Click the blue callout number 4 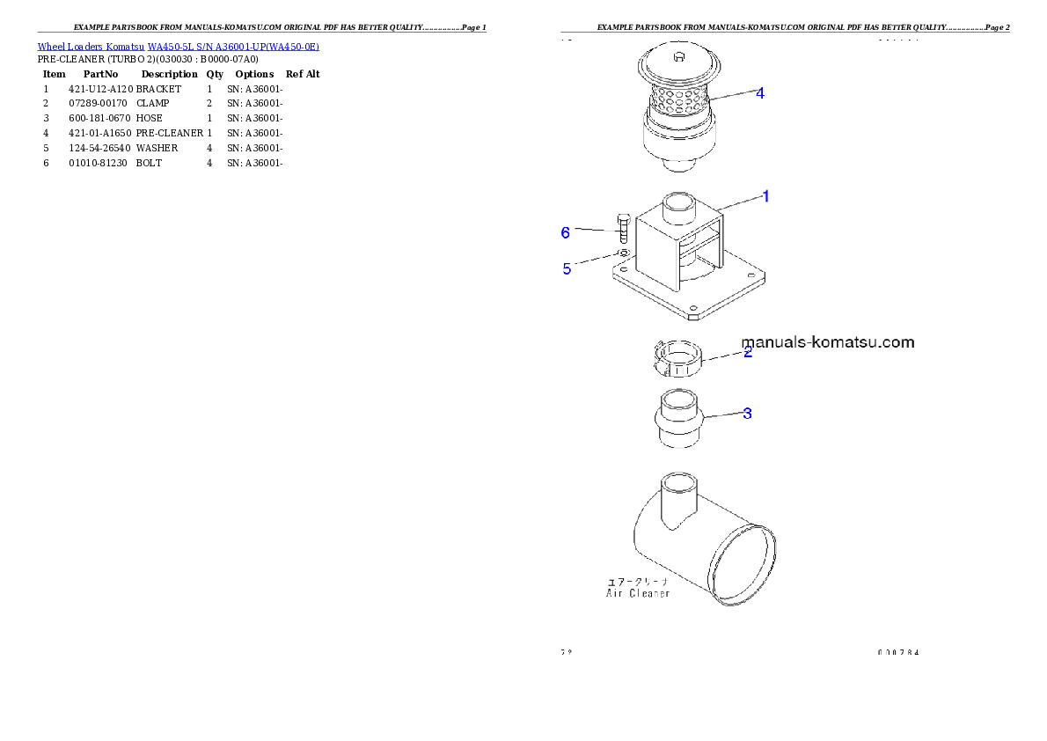pos(759,92)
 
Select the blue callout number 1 pos(765,196)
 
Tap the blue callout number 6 pos(566,232)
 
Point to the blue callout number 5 pos(567,269)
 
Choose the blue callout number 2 pos(748,352)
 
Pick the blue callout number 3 pos(747,413)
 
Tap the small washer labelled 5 pos(623,253)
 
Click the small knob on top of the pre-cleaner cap pos(678,58)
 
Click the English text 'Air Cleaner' pos(638,593)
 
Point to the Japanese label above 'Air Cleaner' pos(638,582)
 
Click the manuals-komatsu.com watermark pos(827,342)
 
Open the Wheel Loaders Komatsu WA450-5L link pos(178,47)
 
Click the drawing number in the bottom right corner pos(898,653)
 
